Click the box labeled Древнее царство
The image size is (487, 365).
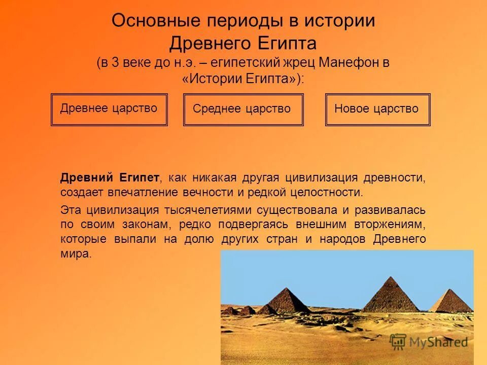(109, 109)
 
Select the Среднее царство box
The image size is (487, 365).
(242, 109)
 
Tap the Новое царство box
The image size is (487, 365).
(377, 109)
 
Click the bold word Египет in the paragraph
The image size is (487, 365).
(140, 178)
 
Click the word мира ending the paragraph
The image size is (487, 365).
(75, 254)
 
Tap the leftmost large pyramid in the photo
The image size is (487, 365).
(288, 301)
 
